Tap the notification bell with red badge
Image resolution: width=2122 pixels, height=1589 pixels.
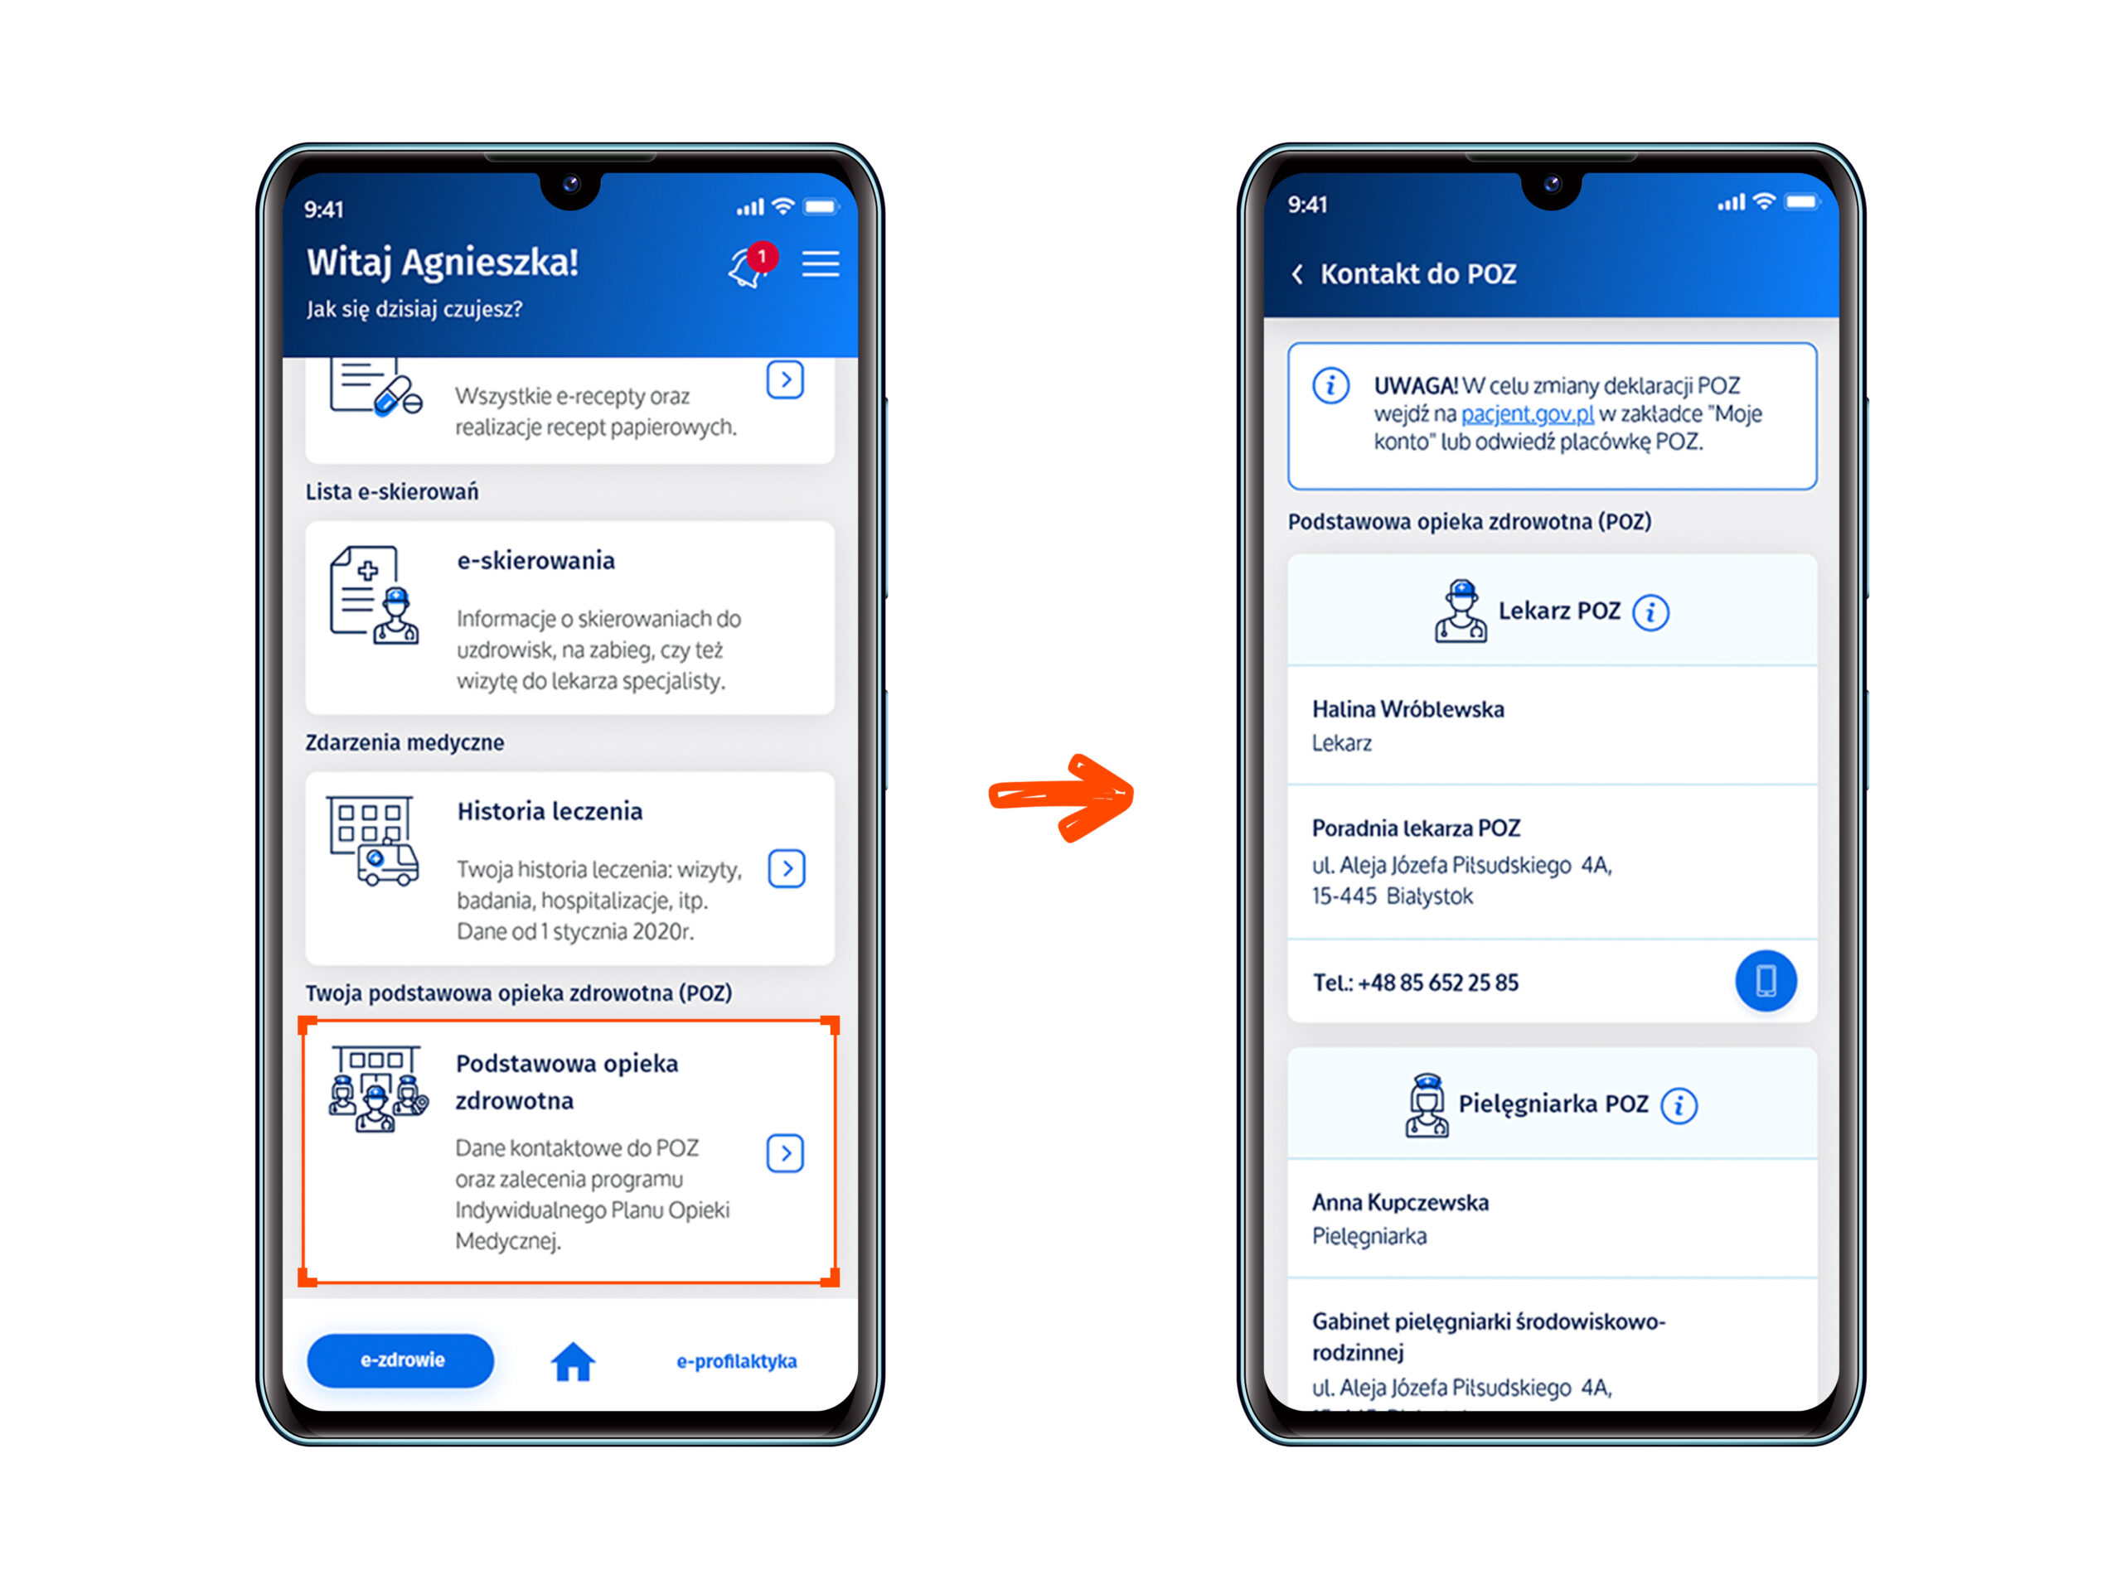pyautogui.click(x=751, y=264)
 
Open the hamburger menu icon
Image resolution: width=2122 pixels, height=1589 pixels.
pyautogui.click(x=821, y=263)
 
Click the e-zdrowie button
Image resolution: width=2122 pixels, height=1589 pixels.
pyautogui.click(x=401, y=1359)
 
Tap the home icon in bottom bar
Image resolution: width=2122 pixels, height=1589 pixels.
pyautogui.click(x=573, y=1361)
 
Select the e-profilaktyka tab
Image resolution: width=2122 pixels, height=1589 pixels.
pyautogui.click(x=737, y=1361)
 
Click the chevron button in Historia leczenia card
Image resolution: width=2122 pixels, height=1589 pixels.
pyautogui.click(x=787, y=869)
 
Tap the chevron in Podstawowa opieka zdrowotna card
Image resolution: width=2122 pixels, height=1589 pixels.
pyautogui.click(x=786, y=1153)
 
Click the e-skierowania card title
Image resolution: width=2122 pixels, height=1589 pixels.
pyautogui.click(x=535, y=560)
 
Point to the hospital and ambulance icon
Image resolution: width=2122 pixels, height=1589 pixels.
pyautogui.click(x=373, y=840)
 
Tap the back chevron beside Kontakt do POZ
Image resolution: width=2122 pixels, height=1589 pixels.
pyautogui.click(x=1297, y=274)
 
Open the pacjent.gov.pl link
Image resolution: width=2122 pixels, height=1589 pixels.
pyautogui.click(x=1526, y=414)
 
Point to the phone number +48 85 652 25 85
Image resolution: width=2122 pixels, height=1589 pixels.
pyautogui.click(x=1438, y=982)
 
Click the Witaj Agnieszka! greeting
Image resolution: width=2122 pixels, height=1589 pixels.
pyautogui.click(x=443, y=263)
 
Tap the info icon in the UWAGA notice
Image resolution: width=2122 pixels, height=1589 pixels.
pyautogui.click(x=1330, y=385)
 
